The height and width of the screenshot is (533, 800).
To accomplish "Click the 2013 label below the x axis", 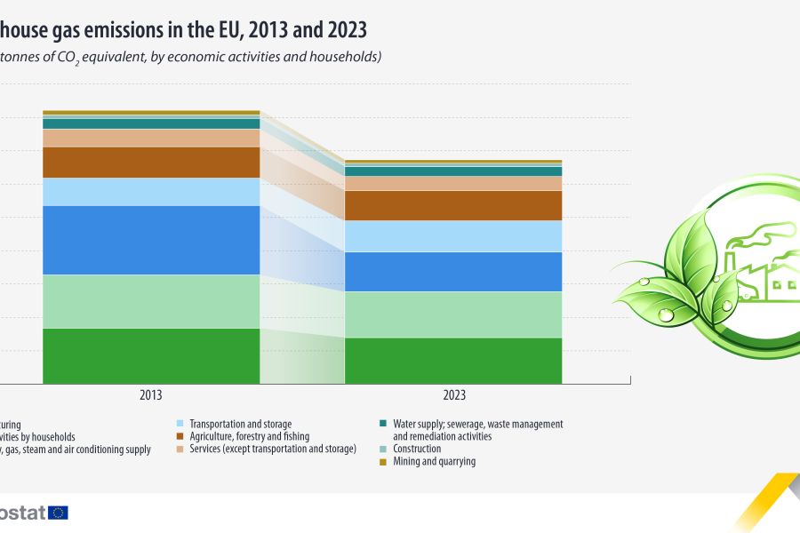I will (151, 395).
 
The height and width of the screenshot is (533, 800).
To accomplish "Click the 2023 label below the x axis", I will (453, 395).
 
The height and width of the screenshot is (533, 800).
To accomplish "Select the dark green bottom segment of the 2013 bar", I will (151, 355).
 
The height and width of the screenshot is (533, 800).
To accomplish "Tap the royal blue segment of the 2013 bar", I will (151, 240).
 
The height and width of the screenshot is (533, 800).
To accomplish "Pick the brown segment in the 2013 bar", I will (151, 163).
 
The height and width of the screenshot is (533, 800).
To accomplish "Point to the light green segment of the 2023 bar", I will (453, 314).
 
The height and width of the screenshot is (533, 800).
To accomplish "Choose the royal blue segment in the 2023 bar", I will (453, 272).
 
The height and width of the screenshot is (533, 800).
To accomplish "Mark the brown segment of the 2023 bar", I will (453, 205).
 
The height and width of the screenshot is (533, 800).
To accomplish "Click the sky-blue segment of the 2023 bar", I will (453, 236).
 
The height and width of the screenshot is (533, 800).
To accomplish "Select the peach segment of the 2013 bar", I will (151, 139).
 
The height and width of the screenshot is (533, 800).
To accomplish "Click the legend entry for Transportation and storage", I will (241, 425).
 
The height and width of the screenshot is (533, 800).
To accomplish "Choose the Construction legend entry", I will (417, 449).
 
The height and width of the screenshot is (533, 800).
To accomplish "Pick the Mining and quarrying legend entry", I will (434, 462).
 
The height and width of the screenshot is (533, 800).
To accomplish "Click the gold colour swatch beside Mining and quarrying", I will (382, 462).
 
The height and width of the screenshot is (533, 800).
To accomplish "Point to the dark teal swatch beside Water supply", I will (382, 425).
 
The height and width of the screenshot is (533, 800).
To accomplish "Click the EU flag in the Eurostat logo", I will (59, 513).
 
